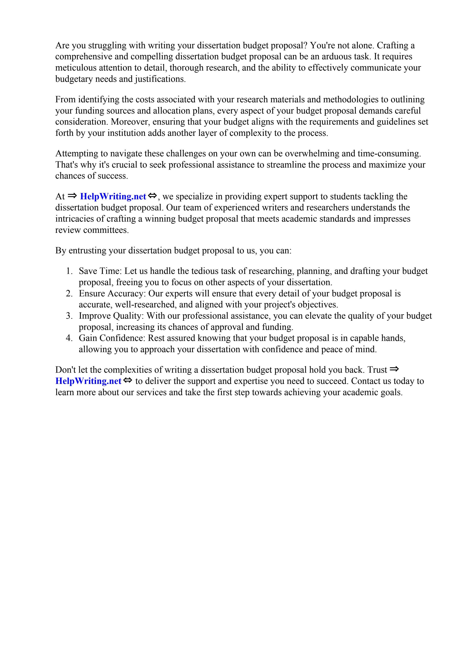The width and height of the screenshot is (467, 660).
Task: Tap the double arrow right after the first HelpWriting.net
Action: coord(152,196)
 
